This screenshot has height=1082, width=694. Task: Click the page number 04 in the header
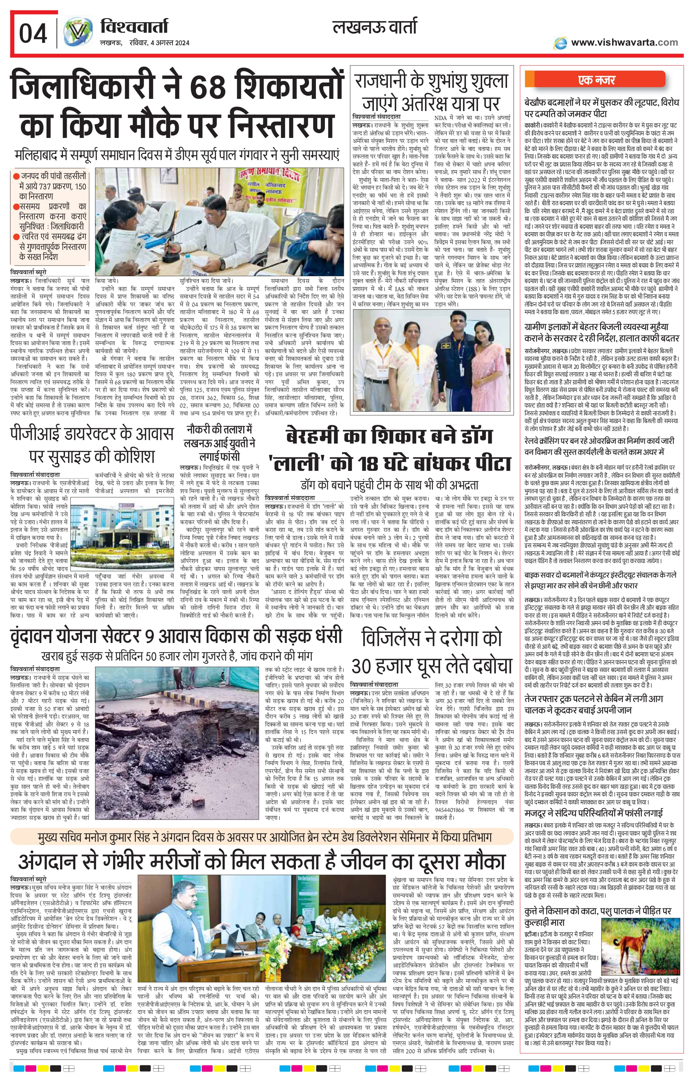[33, 34]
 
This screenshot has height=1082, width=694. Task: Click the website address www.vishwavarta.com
[624, 43]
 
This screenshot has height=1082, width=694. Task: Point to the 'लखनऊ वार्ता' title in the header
[375, 28]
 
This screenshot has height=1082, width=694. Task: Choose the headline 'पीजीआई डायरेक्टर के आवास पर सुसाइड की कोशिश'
[92, 445]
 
